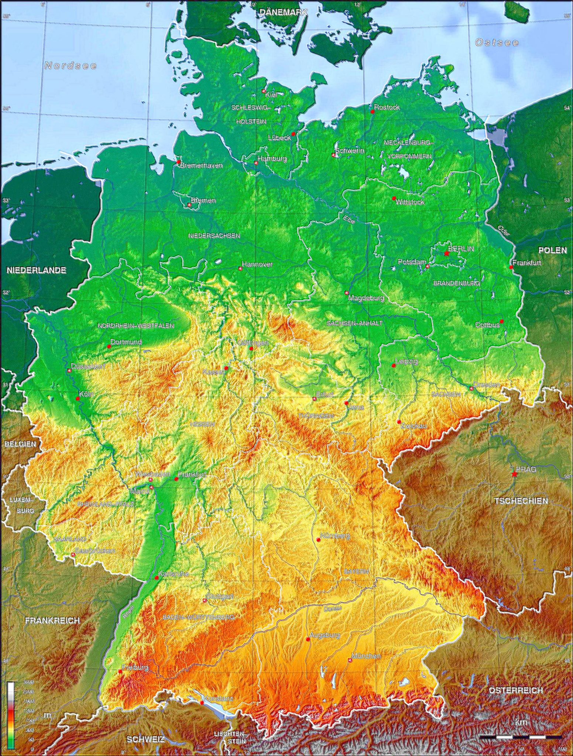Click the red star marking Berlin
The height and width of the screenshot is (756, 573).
[x=446, y=254]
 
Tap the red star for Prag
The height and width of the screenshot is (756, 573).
[x=514, y=474]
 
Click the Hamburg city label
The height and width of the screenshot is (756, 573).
[x=272, y=159]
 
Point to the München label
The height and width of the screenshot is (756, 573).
[x=366, y=656]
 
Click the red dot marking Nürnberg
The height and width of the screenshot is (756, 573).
[x=319, y=540]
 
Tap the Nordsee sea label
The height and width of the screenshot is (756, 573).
[x=71, y=66]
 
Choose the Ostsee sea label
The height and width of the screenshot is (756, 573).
[x=497, y=42]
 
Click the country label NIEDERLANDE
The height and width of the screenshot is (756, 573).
[x=36, y=270]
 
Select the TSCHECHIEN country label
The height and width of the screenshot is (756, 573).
[x=521, y=501]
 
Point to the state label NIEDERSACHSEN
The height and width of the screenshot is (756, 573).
[x=214, y=236]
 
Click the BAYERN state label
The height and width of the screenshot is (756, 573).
[x=356, y=571]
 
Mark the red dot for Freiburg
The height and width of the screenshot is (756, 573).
[x=120, y=672]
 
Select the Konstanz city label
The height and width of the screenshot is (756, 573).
[x=218, y=698]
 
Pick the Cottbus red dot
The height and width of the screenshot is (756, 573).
[x=501, y=321]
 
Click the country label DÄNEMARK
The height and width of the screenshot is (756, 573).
[x=283, y=12]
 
